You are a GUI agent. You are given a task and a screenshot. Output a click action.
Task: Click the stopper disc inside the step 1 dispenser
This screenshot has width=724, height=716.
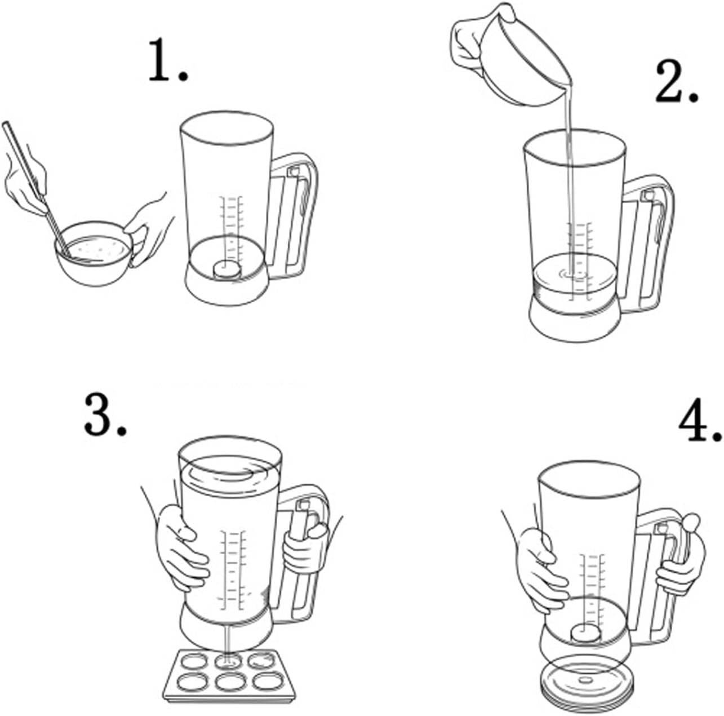[x=227, y=269]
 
